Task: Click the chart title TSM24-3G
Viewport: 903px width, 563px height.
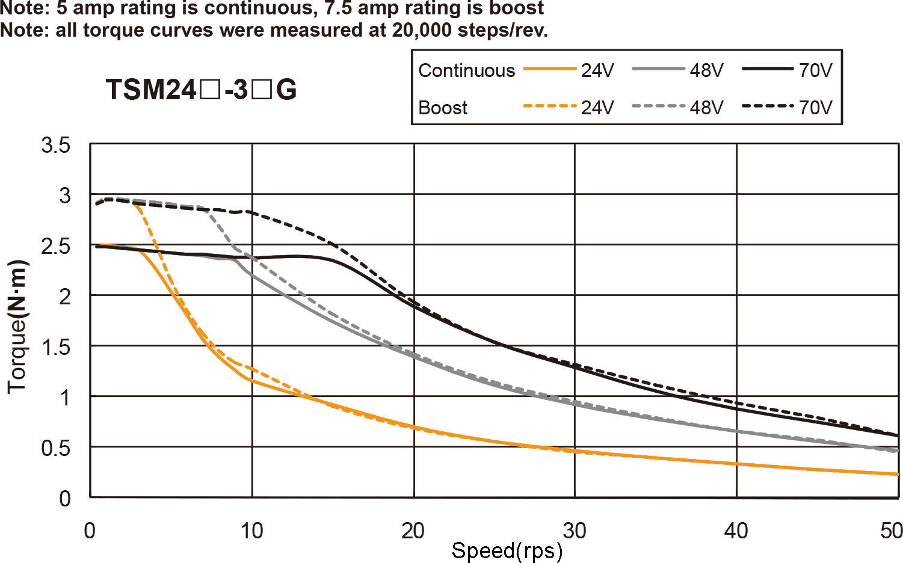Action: tap(201, 90)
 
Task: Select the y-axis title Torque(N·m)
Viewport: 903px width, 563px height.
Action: tap(17, 327)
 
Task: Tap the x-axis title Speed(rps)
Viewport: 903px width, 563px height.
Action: tap(507, 550)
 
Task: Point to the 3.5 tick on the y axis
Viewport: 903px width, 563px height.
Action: tap(56, 145)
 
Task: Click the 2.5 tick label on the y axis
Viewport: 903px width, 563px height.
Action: tap(56, 246)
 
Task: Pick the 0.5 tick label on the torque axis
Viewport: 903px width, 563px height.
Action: tap(56, 448)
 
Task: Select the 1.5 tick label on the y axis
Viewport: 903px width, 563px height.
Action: tap(56, 347)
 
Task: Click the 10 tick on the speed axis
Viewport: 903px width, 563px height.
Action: tap(251, 531)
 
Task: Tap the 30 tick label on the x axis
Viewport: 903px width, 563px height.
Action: tap(575, 531)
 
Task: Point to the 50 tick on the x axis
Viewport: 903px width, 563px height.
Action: tap(891, 531)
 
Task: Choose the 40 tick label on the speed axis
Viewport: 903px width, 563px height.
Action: tap(736, 531)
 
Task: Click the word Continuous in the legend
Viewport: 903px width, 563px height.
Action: tap(467, 70)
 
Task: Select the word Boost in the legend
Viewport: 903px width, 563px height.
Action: tap(443, 108)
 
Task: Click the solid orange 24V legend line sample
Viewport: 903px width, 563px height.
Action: tap(550, 69)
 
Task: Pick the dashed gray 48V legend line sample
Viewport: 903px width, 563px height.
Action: tap(658, 106)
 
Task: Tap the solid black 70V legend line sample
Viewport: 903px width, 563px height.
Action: tap(768, 69)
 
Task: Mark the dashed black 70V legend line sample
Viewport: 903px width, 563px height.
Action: tap(768, 106)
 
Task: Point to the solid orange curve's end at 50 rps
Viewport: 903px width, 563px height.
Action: tap(897, 474)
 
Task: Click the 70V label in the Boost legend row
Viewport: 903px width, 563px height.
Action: tap(816, 108)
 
